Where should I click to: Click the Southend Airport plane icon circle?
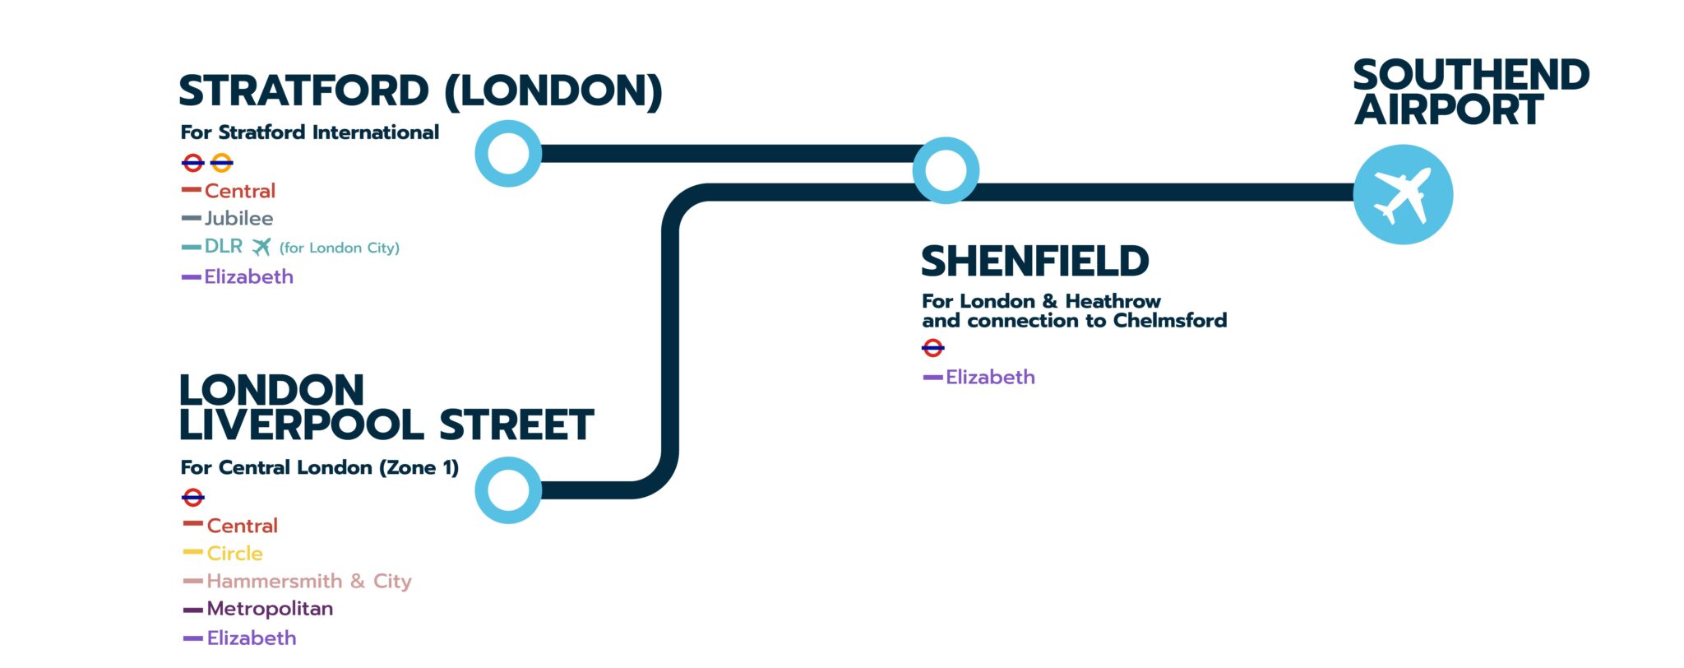coord(1403,194)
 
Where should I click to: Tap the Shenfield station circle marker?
coord(946,170)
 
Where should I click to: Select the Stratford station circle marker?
coord(508,154)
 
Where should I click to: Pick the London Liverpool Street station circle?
coord(508,490)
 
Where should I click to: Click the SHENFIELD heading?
coord(1034,262)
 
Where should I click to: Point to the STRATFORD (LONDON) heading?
coord(420,91)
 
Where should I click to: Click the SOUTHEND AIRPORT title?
coord(1470,92)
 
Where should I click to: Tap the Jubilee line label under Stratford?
coord(238,219)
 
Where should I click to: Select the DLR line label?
coord(223,247)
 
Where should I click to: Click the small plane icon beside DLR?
coord(261,247)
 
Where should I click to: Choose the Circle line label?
coord(234,554)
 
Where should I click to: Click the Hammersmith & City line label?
coord(308,582)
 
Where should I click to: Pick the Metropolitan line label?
coord(270,610)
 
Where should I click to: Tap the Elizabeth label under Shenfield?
coord(990,378)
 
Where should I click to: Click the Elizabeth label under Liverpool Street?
coord(251,638)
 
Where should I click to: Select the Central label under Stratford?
coord(239,192)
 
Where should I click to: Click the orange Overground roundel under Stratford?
coord(222,163)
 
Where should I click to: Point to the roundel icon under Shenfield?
coord(932,349)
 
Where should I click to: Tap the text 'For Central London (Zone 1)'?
coord(319,468)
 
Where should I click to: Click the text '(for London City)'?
coord(339,248)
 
